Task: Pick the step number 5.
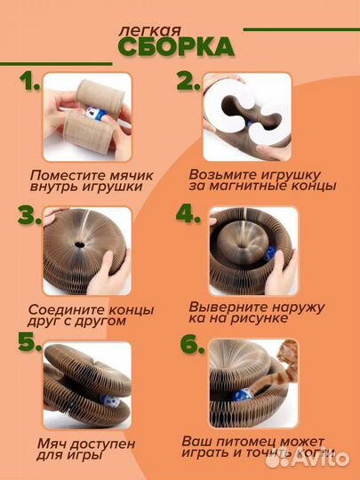(30, 346)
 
